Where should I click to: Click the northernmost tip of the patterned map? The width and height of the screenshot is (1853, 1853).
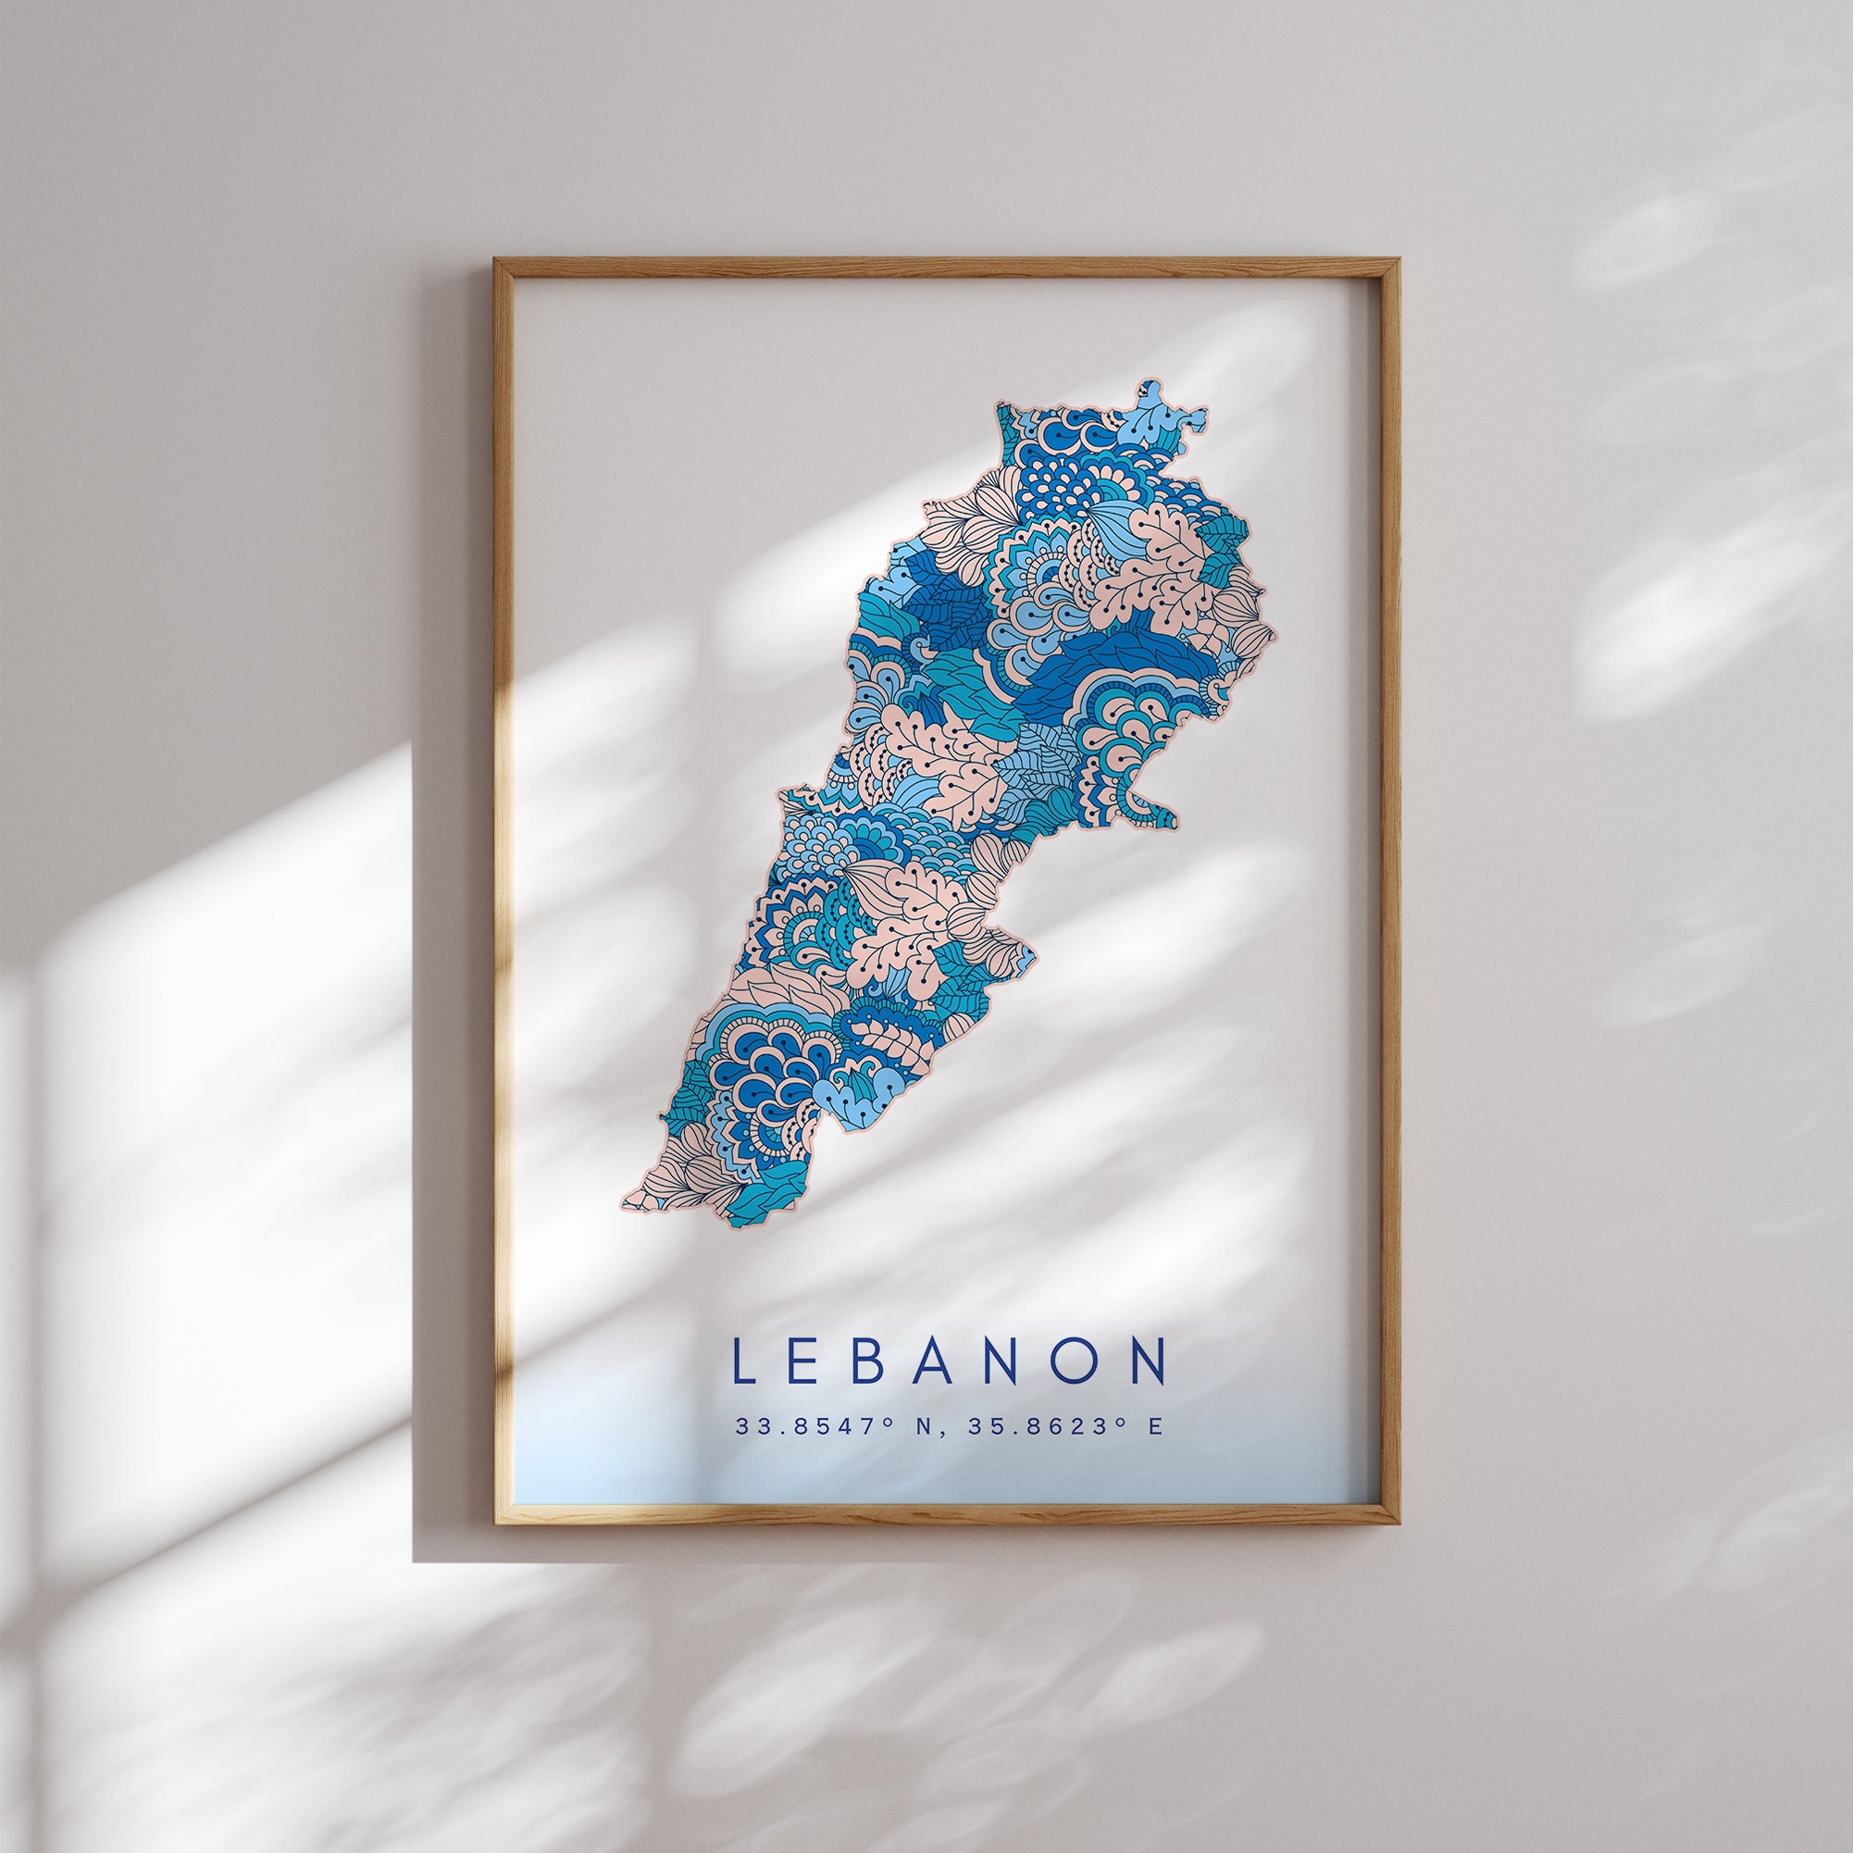(1149, 382)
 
